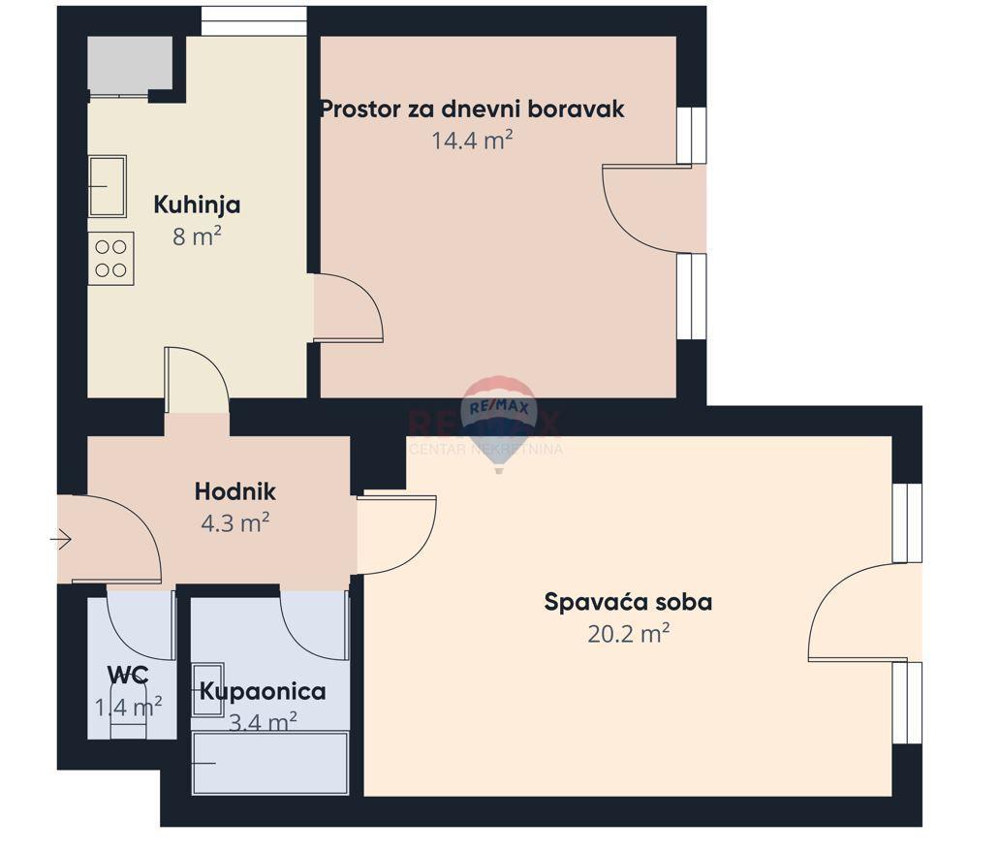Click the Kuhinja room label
pyautogui.click(x=197, y=205)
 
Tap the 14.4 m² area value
pyautogui.click(x=472, y=141)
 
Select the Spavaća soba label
pyautogui.click(x=628, y=602)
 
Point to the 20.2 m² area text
pyautogui.click(x=629, y=634)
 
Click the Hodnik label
pyautogui.click(x=234, y=491)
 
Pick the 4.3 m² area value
pyautogui.click(x=234, y=523)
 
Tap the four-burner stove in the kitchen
pyautogui.click(x=110, y=259)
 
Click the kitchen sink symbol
pyautogui.click(x=107, y=186)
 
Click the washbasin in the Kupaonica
pyautogui.click(x=207, y=688)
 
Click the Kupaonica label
pyautogui.click(x=263, y=692)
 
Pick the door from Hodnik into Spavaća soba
pyautogui.click(x=395, y=533)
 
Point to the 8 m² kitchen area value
pyautogui.click(x=197, y=236)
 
